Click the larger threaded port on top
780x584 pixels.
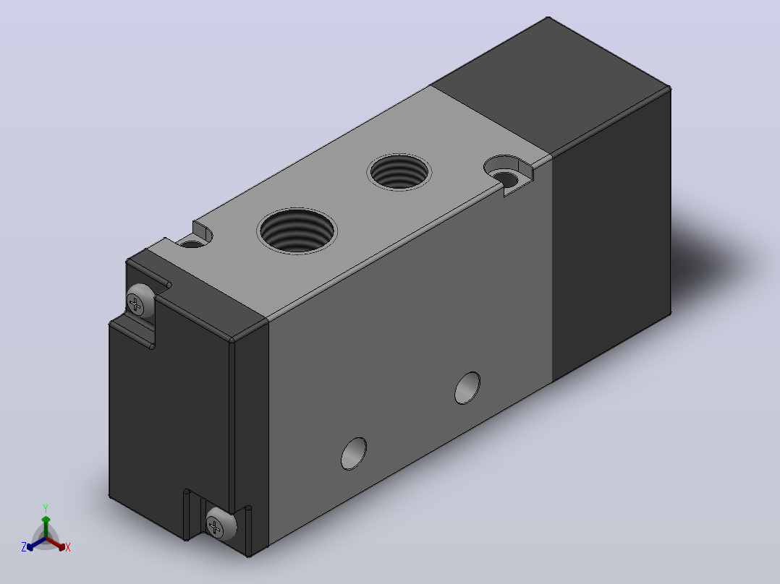pyautogui.click(x=297, y=231)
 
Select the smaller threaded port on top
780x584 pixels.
pyautogui.click(x=399, y=172)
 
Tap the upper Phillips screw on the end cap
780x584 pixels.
pyautogui.click(x=140, y=301)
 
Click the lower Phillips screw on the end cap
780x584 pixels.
pyautogui.click(x=221, y=524)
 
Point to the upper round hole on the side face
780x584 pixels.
pyautogui.click(x=467, y=387)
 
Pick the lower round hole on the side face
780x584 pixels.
pyautogui.click(x=354, y=453)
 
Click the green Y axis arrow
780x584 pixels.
pyautogui.click(x=46, y=527)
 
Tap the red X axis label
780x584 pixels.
pyautogui.click(x=68, y=547)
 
